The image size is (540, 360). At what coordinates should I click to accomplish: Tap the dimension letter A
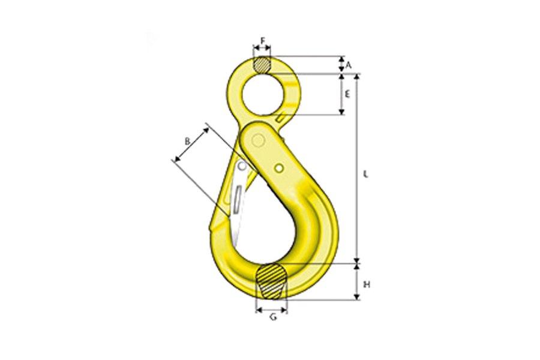pos(349,64)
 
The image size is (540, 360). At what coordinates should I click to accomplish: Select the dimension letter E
pos(347,94)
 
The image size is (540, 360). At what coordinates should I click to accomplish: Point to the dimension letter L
pos(366,174)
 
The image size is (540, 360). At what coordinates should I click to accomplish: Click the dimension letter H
pos(367,284)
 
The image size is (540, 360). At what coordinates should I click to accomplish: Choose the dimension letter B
pos(187,141)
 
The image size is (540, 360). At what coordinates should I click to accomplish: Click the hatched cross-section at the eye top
pos(262,64)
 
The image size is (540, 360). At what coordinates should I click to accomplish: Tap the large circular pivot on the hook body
pos(259,140)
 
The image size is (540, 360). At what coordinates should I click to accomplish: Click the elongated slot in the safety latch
pos(239,198)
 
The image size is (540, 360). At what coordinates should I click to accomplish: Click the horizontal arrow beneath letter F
pos(262,50)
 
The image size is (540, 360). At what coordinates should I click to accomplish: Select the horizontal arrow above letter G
pos(272,309)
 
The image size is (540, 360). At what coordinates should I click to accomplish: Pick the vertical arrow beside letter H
pos(358,282)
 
